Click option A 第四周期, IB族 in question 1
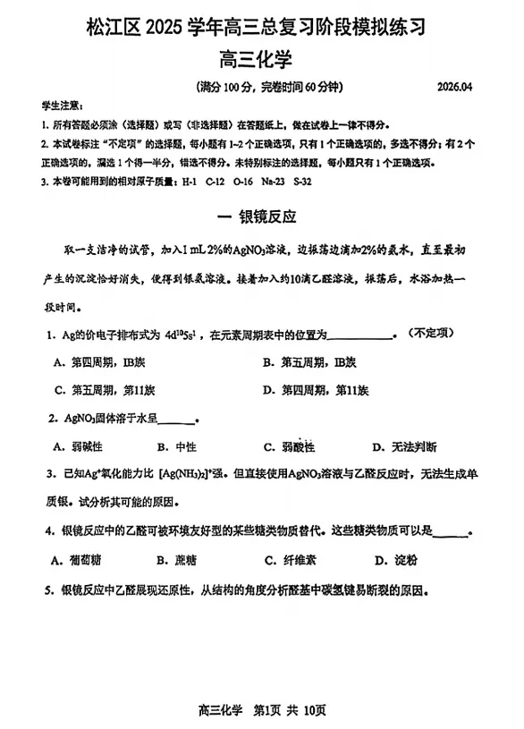[x=94, y=362]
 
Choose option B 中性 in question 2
[x=176, y=446]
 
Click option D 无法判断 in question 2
[x=405, y=446]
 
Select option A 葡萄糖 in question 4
[x=79, y=561]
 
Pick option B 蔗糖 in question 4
[x=176, y=561]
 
